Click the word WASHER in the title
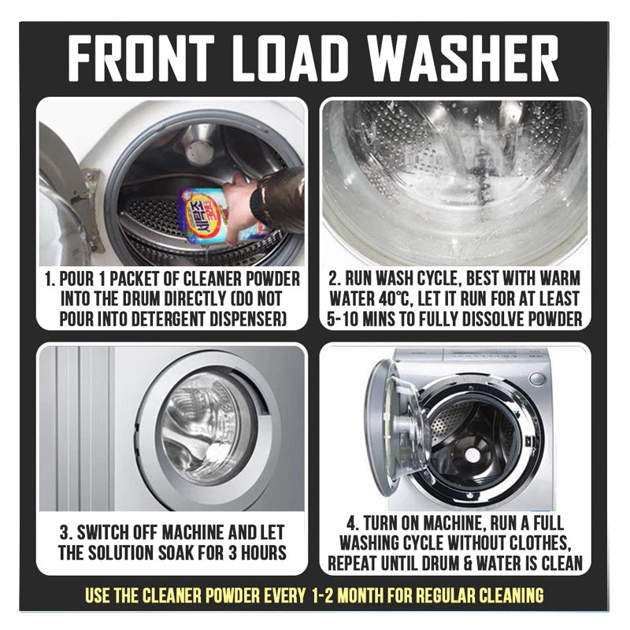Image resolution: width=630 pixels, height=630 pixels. [x=462, y=58]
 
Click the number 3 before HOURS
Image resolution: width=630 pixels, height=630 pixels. [x=232, y=553]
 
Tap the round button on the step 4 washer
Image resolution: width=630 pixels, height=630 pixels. [x=537, y=379]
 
